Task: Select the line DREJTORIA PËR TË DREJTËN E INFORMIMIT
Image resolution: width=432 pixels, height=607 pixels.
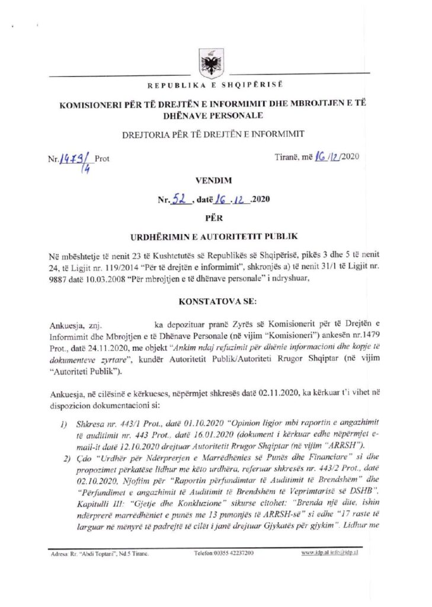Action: click(216, 135)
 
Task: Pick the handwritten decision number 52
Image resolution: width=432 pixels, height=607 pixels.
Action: click(180, 200)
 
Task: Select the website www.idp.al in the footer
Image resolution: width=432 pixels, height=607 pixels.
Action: click(315, 553)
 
